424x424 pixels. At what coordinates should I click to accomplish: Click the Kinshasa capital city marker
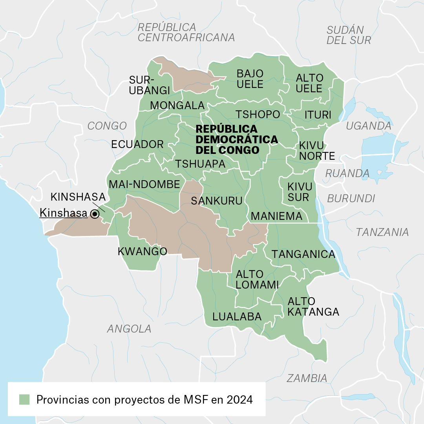click(95, 214)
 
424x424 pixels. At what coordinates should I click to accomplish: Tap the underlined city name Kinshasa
click(63, 213)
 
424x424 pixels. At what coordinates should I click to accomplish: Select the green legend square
click(25, 400)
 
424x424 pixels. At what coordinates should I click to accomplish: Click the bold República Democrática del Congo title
click(237, 140)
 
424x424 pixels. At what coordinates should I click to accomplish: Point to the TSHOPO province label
click(258, 114)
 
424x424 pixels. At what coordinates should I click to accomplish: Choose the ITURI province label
click(318, 115)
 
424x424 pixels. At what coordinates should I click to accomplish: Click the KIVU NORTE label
click(317, 151)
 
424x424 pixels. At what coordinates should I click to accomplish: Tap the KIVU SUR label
click(300, 192)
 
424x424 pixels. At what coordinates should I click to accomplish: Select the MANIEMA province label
click(276, 216)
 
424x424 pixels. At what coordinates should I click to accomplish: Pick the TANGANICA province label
click(303, 254)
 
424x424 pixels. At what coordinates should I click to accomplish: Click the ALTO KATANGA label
click(313, 307)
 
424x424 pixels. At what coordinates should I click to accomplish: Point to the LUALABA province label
click(237, 317)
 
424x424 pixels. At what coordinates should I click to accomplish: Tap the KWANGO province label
click(143, 251)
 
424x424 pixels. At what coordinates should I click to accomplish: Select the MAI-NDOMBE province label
click(144, 184)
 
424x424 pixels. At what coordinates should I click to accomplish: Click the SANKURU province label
click(216, 201)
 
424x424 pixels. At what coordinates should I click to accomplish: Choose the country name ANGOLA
click(129, 329)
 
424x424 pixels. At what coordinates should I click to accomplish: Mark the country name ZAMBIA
click(307, 378)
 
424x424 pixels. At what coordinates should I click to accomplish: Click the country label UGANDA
click(368, 126)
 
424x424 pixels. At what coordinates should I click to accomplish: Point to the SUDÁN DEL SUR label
click(349, 35)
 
